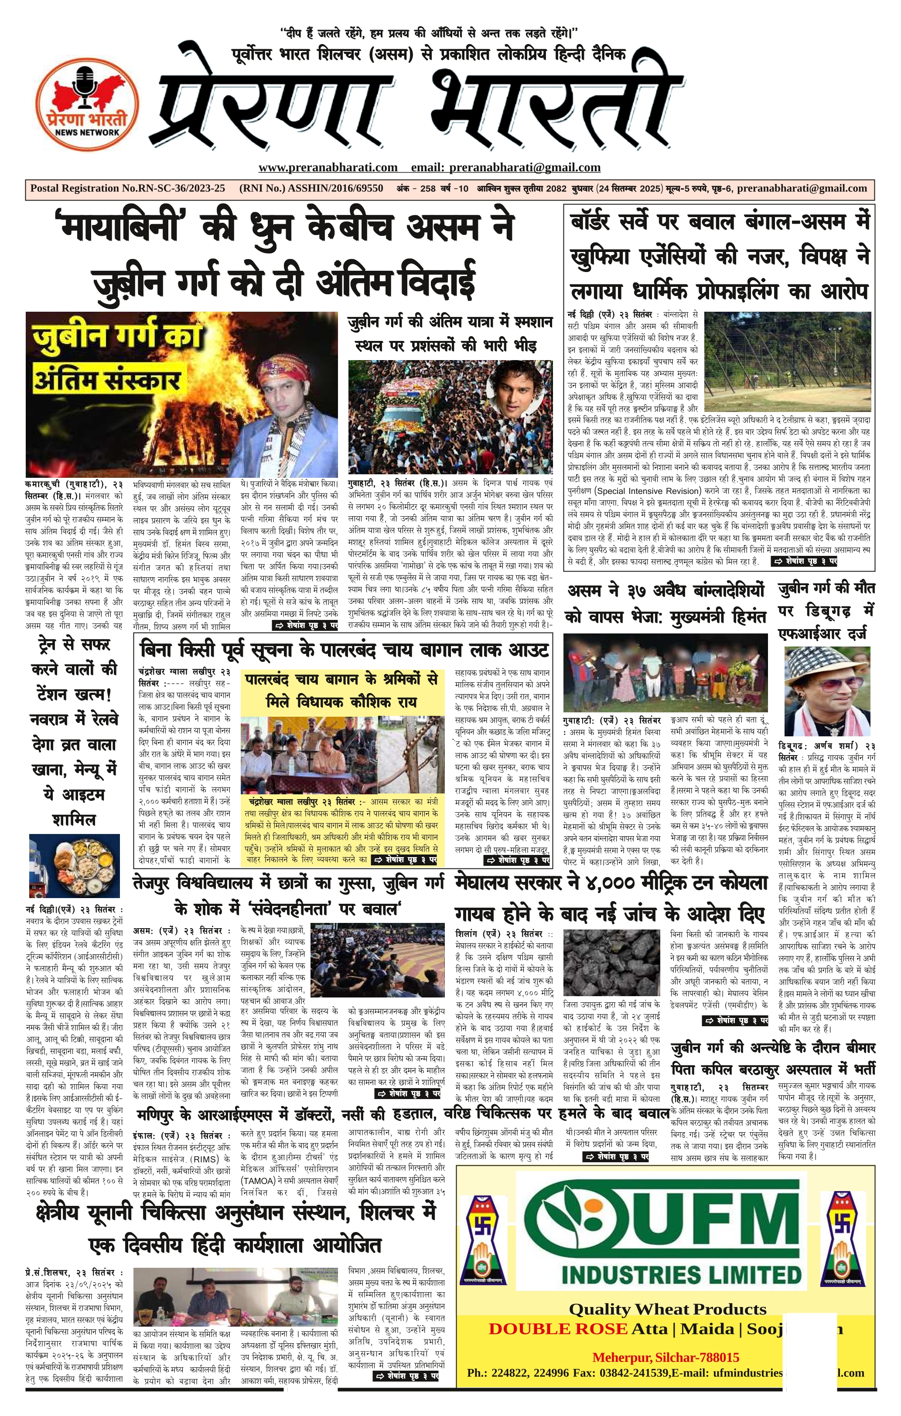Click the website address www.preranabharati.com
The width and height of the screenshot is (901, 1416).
[x=328, y=167]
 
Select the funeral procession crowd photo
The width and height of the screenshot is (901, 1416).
[x=450, y=415]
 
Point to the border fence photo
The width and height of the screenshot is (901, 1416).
[x=787, y=359]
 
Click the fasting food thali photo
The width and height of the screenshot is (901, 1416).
[x=74, y=868]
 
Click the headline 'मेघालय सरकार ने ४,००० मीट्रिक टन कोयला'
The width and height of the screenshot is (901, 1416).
[x=612, y=883]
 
